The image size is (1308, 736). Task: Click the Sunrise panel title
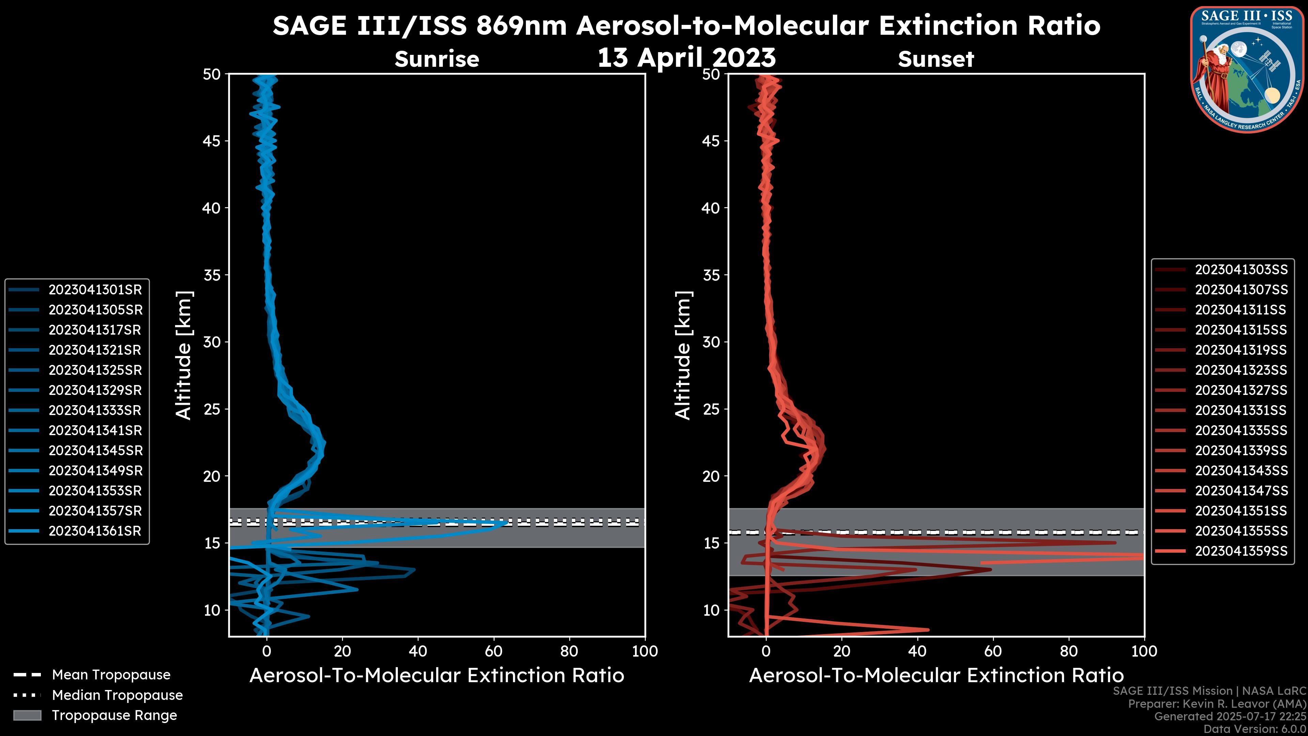click(437, 59)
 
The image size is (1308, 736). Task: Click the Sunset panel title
click(936, 59)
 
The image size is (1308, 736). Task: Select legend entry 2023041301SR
click(95, 290)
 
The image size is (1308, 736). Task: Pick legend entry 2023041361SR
click(95, 531)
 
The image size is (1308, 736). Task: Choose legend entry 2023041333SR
click(95, 410)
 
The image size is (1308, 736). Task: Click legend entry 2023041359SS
click(1241, 551)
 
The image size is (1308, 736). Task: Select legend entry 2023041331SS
click(1241, 410)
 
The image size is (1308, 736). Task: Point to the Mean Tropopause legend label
click(111, 675)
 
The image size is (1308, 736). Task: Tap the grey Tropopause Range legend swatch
click(27, 715)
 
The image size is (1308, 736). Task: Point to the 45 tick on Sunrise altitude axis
click(212, 141)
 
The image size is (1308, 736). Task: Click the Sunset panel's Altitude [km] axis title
click(683, 355)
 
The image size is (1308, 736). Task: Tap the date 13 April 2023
click(686, 57)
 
